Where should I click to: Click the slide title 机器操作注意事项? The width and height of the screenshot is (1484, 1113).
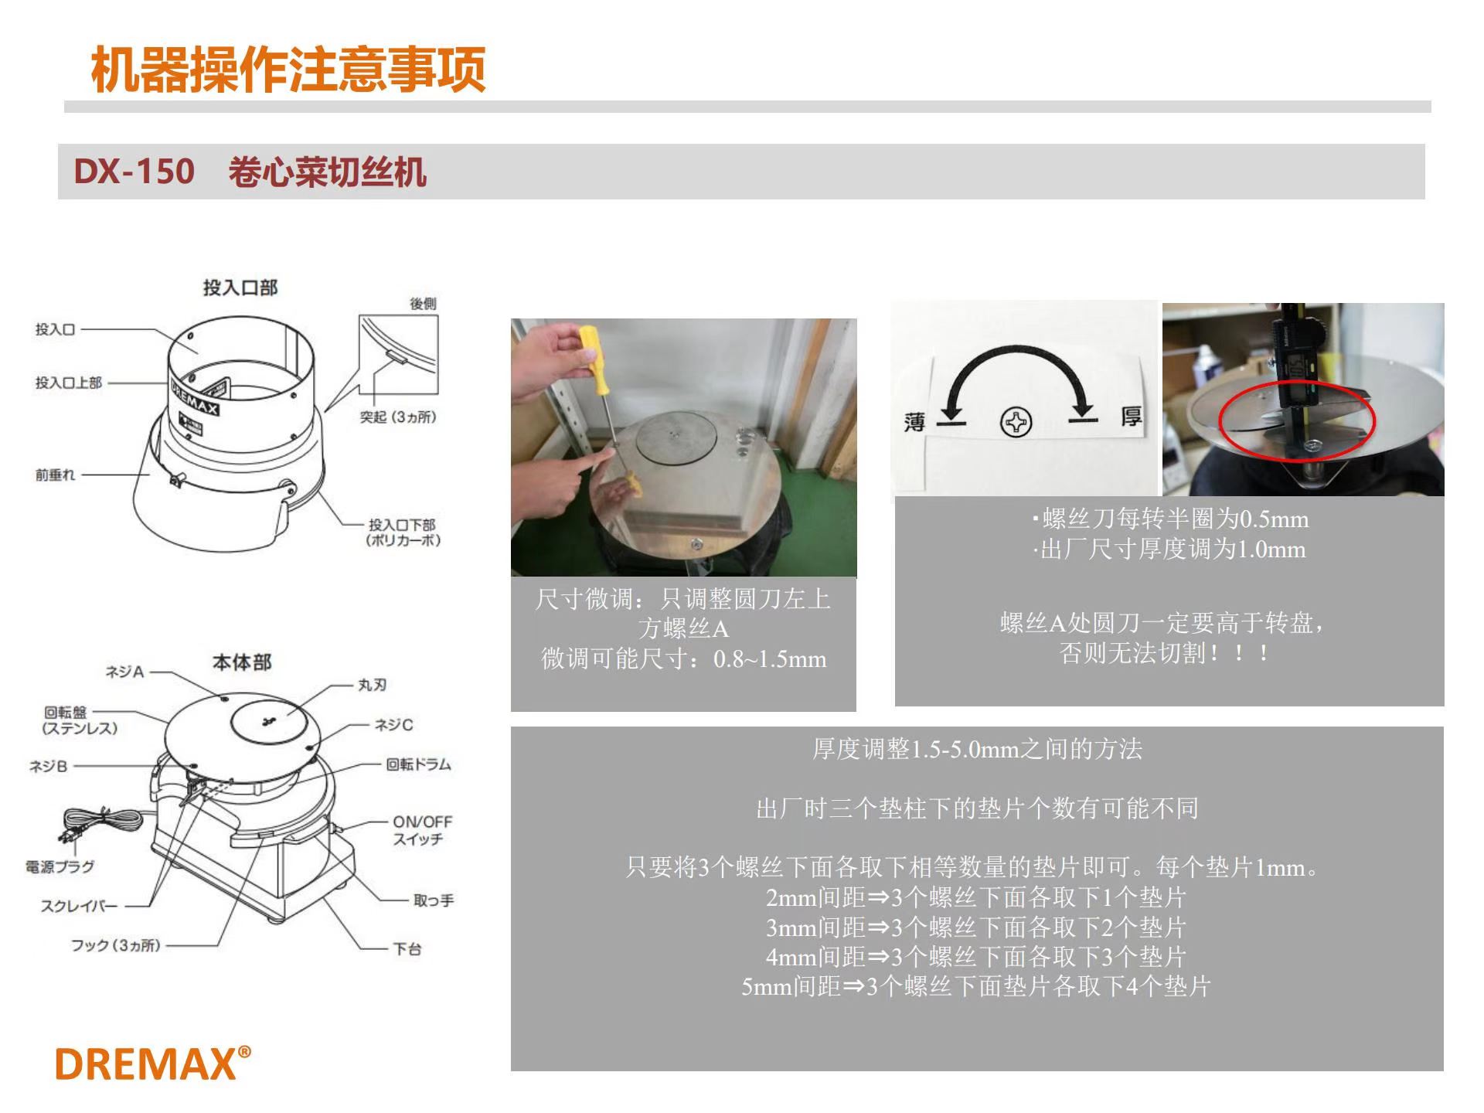288,70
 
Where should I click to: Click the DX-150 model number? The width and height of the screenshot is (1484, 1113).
134,171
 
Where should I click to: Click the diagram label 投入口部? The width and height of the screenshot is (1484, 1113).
240,288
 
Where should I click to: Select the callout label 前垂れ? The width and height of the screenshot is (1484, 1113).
56,475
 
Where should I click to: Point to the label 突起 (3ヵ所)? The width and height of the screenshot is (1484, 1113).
398,417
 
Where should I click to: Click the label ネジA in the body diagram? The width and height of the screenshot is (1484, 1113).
124,672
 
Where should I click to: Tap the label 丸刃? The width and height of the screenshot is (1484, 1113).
372,685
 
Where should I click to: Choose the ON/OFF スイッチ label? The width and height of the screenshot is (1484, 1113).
422,830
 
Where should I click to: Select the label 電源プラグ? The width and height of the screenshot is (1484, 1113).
60,866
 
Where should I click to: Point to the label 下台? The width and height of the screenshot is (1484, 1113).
407,948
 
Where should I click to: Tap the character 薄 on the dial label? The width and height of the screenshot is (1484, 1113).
914,422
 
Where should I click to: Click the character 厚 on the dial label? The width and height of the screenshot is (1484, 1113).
1131,417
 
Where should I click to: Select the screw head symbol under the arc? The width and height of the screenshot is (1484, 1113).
1016,423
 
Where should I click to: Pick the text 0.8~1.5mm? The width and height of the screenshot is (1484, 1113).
770,659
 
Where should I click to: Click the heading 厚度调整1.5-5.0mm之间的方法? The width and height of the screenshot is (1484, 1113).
977,749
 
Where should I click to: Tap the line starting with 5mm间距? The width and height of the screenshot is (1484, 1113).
975,986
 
